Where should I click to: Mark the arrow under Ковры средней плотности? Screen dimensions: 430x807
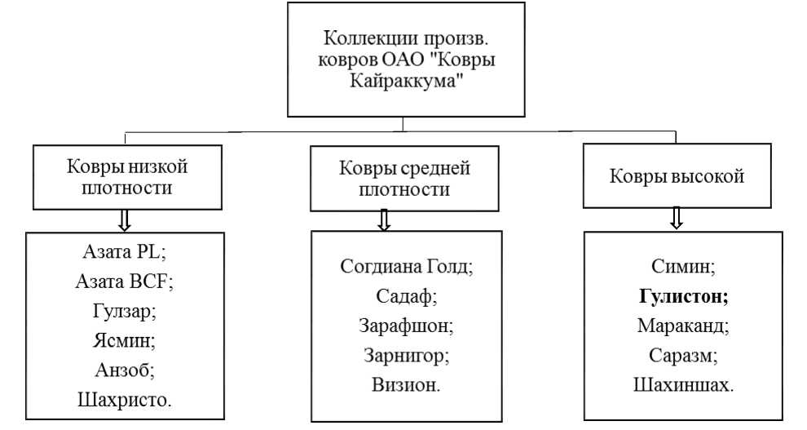(x=385, y=219)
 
